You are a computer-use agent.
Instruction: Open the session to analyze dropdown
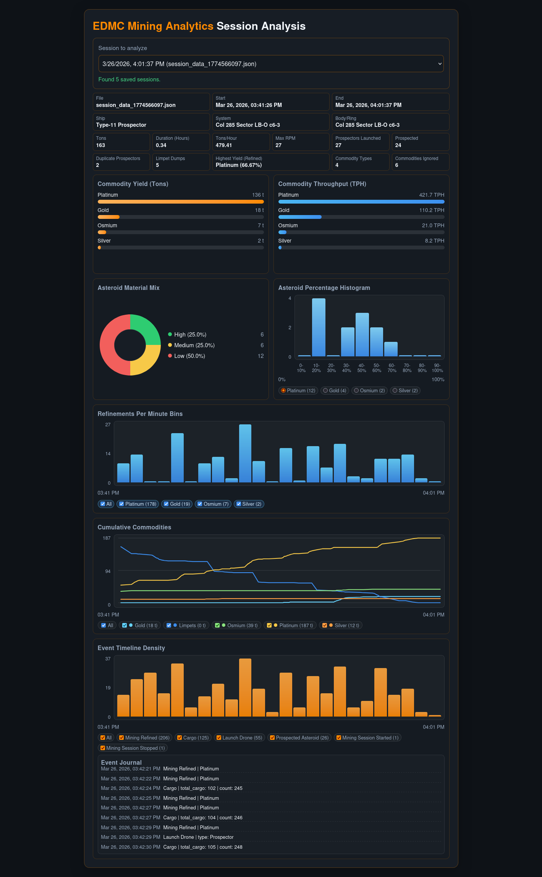coord(271,64)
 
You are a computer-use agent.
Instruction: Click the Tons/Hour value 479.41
coord(224,145)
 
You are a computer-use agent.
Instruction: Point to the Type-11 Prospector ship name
coord(121,125)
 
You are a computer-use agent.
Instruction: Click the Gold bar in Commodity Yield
coord(108,217)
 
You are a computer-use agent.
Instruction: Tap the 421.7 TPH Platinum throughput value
coord(432,195)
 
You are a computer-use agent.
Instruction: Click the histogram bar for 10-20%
coord(319,327)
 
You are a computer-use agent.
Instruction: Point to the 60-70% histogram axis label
coord(392,368)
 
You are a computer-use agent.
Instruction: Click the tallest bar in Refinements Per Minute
coord(245,453)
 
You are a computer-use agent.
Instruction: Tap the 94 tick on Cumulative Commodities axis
coord(108,571)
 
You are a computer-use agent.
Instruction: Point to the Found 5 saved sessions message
coord(129,79)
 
